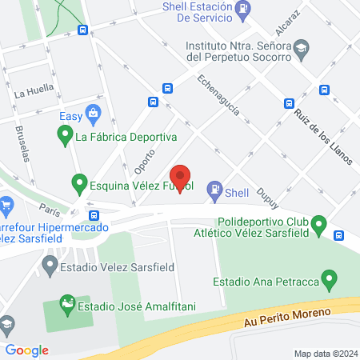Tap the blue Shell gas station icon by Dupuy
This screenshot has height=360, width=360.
(214, 190)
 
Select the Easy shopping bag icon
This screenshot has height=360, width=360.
(94, 113)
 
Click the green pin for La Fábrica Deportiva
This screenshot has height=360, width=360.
(64, 136)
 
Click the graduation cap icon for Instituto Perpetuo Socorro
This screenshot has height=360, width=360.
(300, 51)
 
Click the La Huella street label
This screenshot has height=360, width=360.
(32, 93)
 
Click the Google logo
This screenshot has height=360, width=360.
(26, 350)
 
